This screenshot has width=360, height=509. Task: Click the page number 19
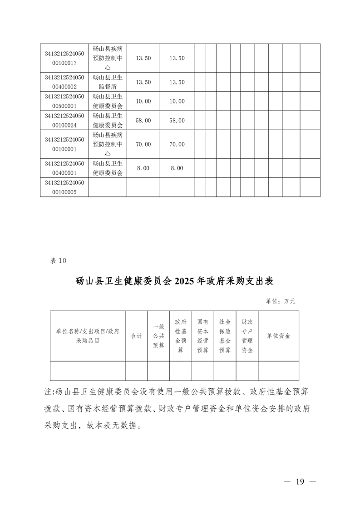click(299, 481)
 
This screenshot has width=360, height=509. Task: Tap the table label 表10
click(58, 260)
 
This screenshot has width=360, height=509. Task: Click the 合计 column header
click(136, 336)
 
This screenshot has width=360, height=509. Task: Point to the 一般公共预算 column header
click(158, 336)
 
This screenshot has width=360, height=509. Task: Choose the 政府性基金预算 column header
click(181, 336)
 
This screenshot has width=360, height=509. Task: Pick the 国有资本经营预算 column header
click(203, 336)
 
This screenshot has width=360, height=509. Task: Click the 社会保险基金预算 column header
click(225, 336)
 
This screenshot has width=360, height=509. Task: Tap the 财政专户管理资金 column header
click(247, 336)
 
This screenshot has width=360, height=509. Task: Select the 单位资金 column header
click(278, 336)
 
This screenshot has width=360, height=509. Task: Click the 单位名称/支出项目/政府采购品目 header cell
click(88, 336)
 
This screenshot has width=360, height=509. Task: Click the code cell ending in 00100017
click(64, 58)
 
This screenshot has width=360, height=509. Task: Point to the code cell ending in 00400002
click(64, 82)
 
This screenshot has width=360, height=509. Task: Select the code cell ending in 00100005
click(64, 187)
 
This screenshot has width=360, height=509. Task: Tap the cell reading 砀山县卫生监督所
click(108, 82)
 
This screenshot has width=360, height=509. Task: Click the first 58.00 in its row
click(143, 120)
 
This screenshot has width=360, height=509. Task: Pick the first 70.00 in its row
click(143, 144)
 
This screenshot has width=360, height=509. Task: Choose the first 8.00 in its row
click(143, 168)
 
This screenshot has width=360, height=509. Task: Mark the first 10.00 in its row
click(143, 101)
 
